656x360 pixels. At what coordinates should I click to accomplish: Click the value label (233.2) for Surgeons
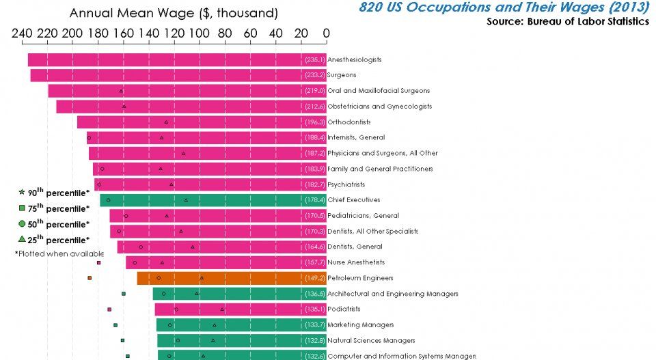[x=315, y=75]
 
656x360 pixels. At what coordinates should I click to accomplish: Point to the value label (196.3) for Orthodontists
[x=315, y=122]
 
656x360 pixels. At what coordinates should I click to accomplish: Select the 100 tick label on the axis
[x=199, y=32]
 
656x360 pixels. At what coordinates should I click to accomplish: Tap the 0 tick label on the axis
[x=326, y=32]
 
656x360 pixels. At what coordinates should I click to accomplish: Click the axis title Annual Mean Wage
[x=174, y=13]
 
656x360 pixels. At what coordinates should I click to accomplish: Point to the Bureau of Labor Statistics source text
[x=568, y=21]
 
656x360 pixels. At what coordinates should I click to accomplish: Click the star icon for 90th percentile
[x=22, y=193]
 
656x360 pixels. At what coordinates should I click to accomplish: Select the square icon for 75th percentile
[x=22, y=208]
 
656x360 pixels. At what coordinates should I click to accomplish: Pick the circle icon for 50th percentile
[x=22, y=224]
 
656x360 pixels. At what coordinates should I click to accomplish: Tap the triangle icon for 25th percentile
[x=22, y=239]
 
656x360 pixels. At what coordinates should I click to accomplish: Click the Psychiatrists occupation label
[x=346, y=184]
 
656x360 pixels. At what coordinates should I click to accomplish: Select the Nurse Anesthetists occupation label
[x=356, y=262]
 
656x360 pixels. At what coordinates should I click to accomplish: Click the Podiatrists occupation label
[x=345, y=309]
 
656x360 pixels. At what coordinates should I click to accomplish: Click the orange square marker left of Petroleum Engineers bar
[x=90, y=278]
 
